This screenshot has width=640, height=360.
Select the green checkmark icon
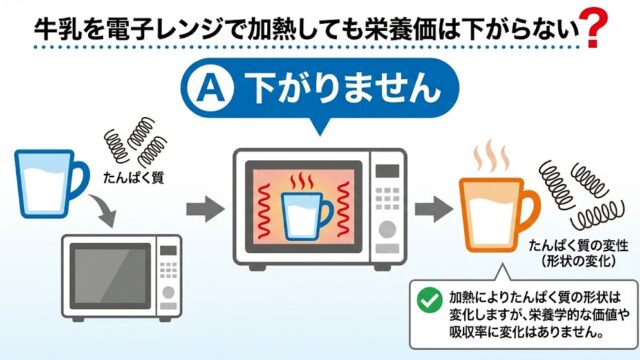[x=430, y=299]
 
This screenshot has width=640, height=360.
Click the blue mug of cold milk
[x=40, y=177]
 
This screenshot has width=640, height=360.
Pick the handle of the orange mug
[x=529, y=207]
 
